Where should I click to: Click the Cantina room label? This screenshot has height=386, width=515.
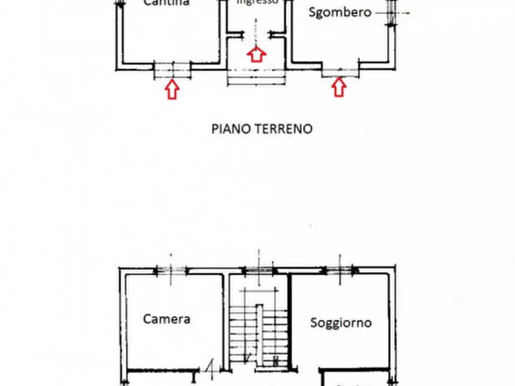(166, 3)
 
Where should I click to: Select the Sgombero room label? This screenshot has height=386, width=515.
(340, 12)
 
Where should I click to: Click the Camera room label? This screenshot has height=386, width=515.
(167, 319)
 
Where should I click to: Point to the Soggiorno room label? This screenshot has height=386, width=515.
(341, 322)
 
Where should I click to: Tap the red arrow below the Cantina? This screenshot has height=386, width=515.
(172, 89)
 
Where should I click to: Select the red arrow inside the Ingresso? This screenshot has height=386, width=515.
(257, 54)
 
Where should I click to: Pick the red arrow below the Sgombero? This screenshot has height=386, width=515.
(339, 87)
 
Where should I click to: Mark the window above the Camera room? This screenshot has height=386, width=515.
(171, 270)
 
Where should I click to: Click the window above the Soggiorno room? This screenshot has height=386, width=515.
(340, 270)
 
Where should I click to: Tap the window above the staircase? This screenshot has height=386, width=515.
(258, 270)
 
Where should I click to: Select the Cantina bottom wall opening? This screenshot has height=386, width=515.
(172, 70)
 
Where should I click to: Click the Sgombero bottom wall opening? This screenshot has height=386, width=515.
(340, 71)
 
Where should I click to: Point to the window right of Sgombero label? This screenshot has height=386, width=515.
(392, 12)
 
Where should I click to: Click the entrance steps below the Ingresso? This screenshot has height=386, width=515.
(257, 77)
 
